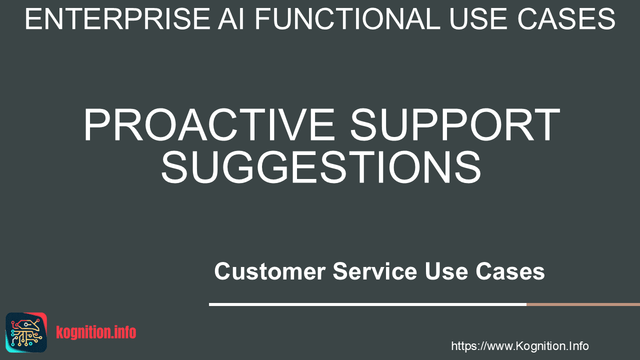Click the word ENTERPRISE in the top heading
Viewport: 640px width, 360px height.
[x=117, y=19]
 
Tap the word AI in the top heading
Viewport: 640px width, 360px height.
[x=231, y=19]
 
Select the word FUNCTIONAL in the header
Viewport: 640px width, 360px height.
[x=347, y=19]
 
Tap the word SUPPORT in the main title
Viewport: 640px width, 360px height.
[x=455, y=124]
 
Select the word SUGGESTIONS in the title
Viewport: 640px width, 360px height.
[x=321, y=167]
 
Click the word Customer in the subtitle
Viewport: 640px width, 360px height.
[x=270, y=271]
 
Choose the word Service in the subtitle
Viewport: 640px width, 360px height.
[x=375, y=271]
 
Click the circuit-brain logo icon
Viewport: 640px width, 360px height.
[x=26, y=332]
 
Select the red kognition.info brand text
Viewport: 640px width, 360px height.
[x=96, y=332]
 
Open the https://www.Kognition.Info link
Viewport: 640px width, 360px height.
[x=520, y=346]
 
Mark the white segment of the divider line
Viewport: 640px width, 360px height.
[x=367, y=304]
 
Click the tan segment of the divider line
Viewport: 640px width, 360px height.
[x=583, y=304]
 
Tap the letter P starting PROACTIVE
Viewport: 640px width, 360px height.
[x=95, y=124]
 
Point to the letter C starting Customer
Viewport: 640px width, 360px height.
[x=223, y=271]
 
